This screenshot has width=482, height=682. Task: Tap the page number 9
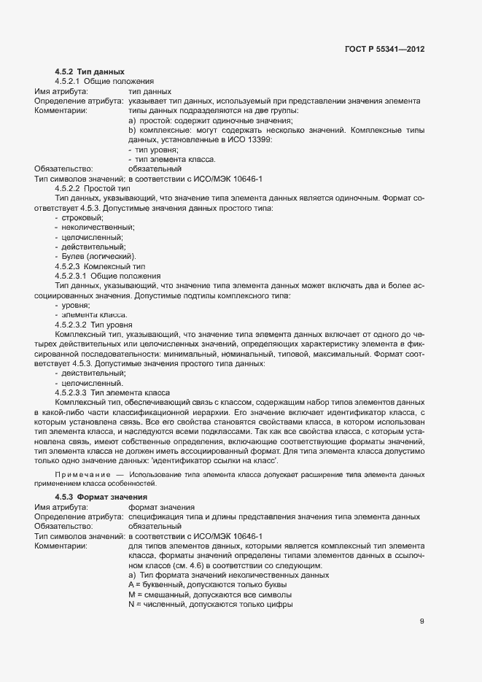[421, 621]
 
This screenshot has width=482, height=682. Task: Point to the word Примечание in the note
[85, 475]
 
